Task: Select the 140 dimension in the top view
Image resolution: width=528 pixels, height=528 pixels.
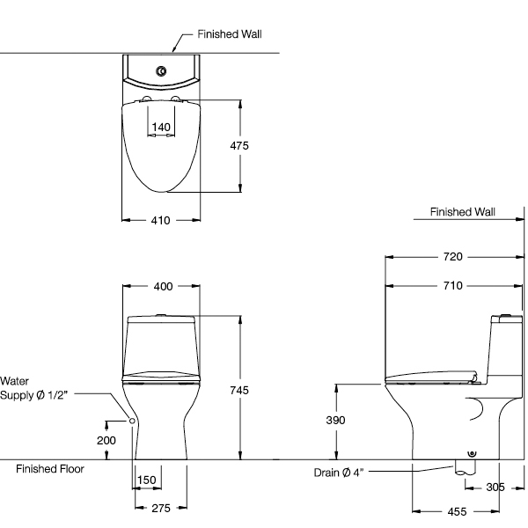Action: (160, 128)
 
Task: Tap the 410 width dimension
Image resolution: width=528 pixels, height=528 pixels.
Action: (159, 221)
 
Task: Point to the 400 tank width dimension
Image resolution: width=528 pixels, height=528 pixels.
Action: (163, 287)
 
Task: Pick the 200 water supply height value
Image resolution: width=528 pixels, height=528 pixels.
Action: (106, 440)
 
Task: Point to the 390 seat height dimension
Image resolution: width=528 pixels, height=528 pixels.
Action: (336, 422)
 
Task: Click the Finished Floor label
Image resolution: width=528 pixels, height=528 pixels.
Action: (50, 469)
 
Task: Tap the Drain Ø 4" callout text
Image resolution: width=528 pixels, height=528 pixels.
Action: (339, 473)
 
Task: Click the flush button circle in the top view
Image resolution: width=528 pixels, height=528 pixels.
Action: (160, 70)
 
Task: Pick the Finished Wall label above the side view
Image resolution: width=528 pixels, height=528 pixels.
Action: (463, 212)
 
